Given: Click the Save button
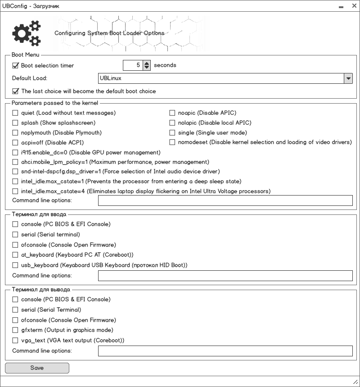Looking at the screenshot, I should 37,368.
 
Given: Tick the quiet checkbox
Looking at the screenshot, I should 15,113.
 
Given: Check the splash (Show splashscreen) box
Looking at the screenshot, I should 15,123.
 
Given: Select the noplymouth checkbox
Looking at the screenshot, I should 15,133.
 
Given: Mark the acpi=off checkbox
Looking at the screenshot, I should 15,143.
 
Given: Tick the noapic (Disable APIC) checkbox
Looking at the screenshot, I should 172,113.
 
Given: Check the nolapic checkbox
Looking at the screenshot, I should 172,123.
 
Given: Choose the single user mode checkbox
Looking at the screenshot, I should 172,133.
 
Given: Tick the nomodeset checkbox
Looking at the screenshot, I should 172,143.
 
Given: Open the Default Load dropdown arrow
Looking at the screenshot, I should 348,78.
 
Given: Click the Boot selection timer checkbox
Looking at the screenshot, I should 15,66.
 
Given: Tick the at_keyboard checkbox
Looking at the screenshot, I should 15,255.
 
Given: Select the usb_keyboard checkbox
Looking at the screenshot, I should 15,265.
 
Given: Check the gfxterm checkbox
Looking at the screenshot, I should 15,330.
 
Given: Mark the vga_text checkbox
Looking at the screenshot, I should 15,341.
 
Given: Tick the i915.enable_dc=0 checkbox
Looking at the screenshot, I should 15,153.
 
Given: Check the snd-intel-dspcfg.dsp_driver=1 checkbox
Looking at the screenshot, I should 15,172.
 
